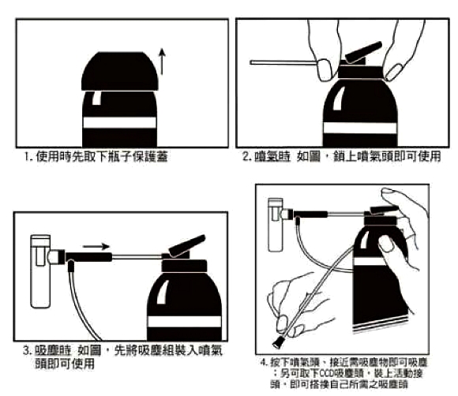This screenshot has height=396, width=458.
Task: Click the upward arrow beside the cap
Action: point(162,60)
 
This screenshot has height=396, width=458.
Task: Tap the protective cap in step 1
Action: point(118,70)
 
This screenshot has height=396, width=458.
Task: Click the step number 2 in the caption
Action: point(246,157)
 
